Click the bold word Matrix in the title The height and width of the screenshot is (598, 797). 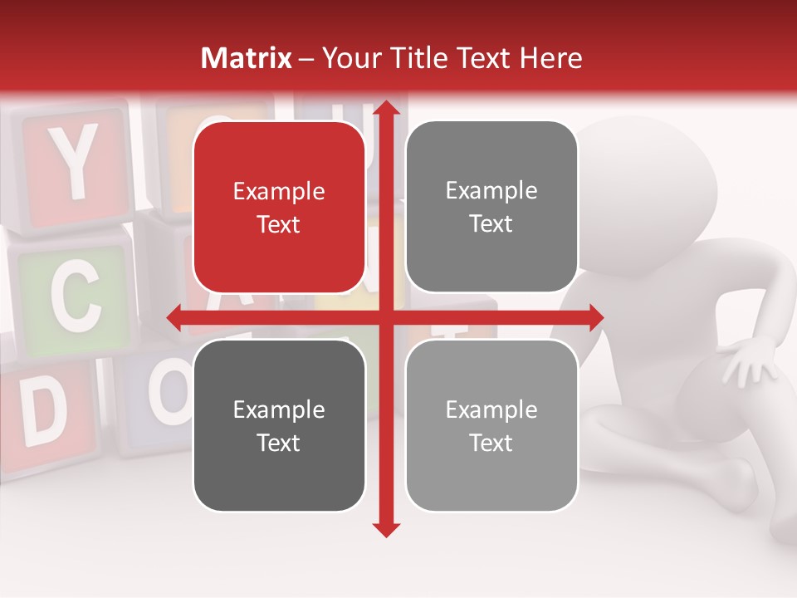247,58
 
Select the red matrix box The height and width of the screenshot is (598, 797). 279,208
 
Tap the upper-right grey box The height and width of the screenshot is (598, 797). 491,207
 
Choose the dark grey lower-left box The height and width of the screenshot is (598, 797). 279,425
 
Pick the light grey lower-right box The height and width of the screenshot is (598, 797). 491,425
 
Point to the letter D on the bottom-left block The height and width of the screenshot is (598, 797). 43,412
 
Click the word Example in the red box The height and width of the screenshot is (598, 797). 279,192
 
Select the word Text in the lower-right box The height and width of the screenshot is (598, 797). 491,443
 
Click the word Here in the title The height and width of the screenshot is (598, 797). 551,58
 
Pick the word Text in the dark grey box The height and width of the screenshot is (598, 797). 279,443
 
